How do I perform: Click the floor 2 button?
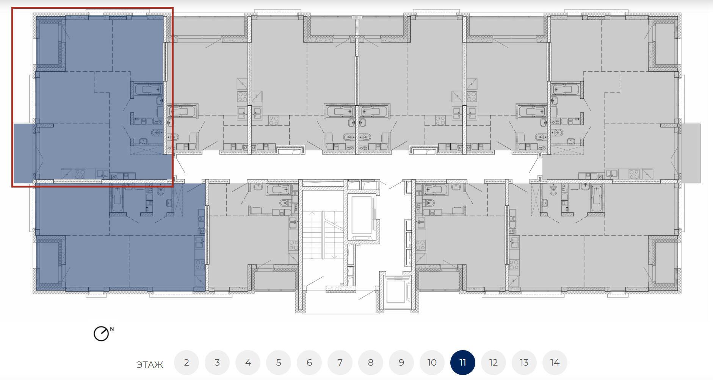(186, 363)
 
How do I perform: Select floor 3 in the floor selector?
(217, 363)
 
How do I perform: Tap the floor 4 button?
(248, 363)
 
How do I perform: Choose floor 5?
(279, 363)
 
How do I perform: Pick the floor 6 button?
(309, 363)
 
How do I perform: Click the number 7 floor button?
(340, 363)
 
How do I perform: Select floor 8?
(371, 363)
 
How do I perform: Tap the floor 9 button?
(401, 363)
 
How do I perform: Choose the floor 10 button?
(432, 363)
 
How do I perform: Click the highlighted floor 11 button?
(463, 363)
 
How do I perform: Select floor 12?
(494, 363)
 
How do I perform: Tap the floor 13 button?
(524, 363)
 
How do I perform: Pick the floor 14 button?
(555, 363)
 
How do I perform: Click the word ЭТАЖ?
(150, 365)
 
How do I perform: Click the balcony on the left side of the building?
(24, 153)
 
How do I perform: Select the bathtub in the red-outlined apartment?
(148, 90)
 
